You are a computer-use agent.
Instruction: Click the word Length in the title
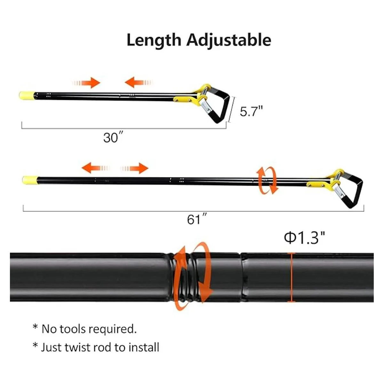154,40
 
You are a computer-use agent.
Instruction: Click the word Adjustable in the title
229,40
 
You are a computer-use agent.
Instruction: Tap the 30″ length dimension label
113,137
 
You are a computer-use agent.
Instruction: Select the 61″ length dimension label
196,220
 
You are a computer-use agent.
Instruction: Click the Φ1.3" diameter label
304,238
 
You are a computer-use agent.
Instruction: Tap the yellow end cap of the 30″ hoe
27,95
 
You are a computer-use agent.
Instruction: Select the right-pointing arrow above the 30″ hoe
86,83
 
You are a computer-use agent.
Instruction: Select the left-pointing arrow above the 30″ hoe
139,83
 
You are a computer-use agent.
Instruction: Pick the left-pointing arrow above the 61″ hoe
95,168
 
